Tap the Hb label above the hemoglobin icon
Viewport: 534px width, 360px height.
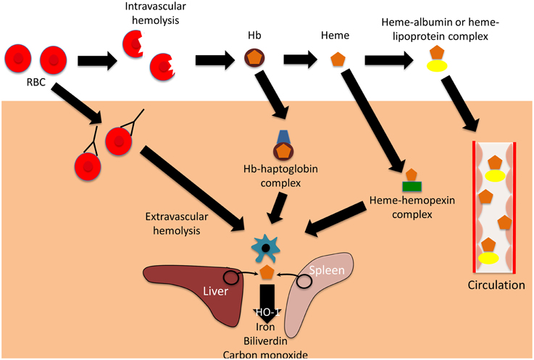click(x=254, y=33)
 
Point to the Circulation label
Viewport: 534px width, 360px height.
click(x=496, y=285)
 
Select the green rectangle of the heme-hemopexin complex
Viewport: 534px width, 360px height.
click(x=412, y=185)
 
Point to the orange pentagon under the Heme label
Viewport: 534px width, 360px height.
click(x=337, y=60)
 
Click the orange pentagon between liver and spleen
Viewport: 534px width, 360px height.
click(x=267, y=272)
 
